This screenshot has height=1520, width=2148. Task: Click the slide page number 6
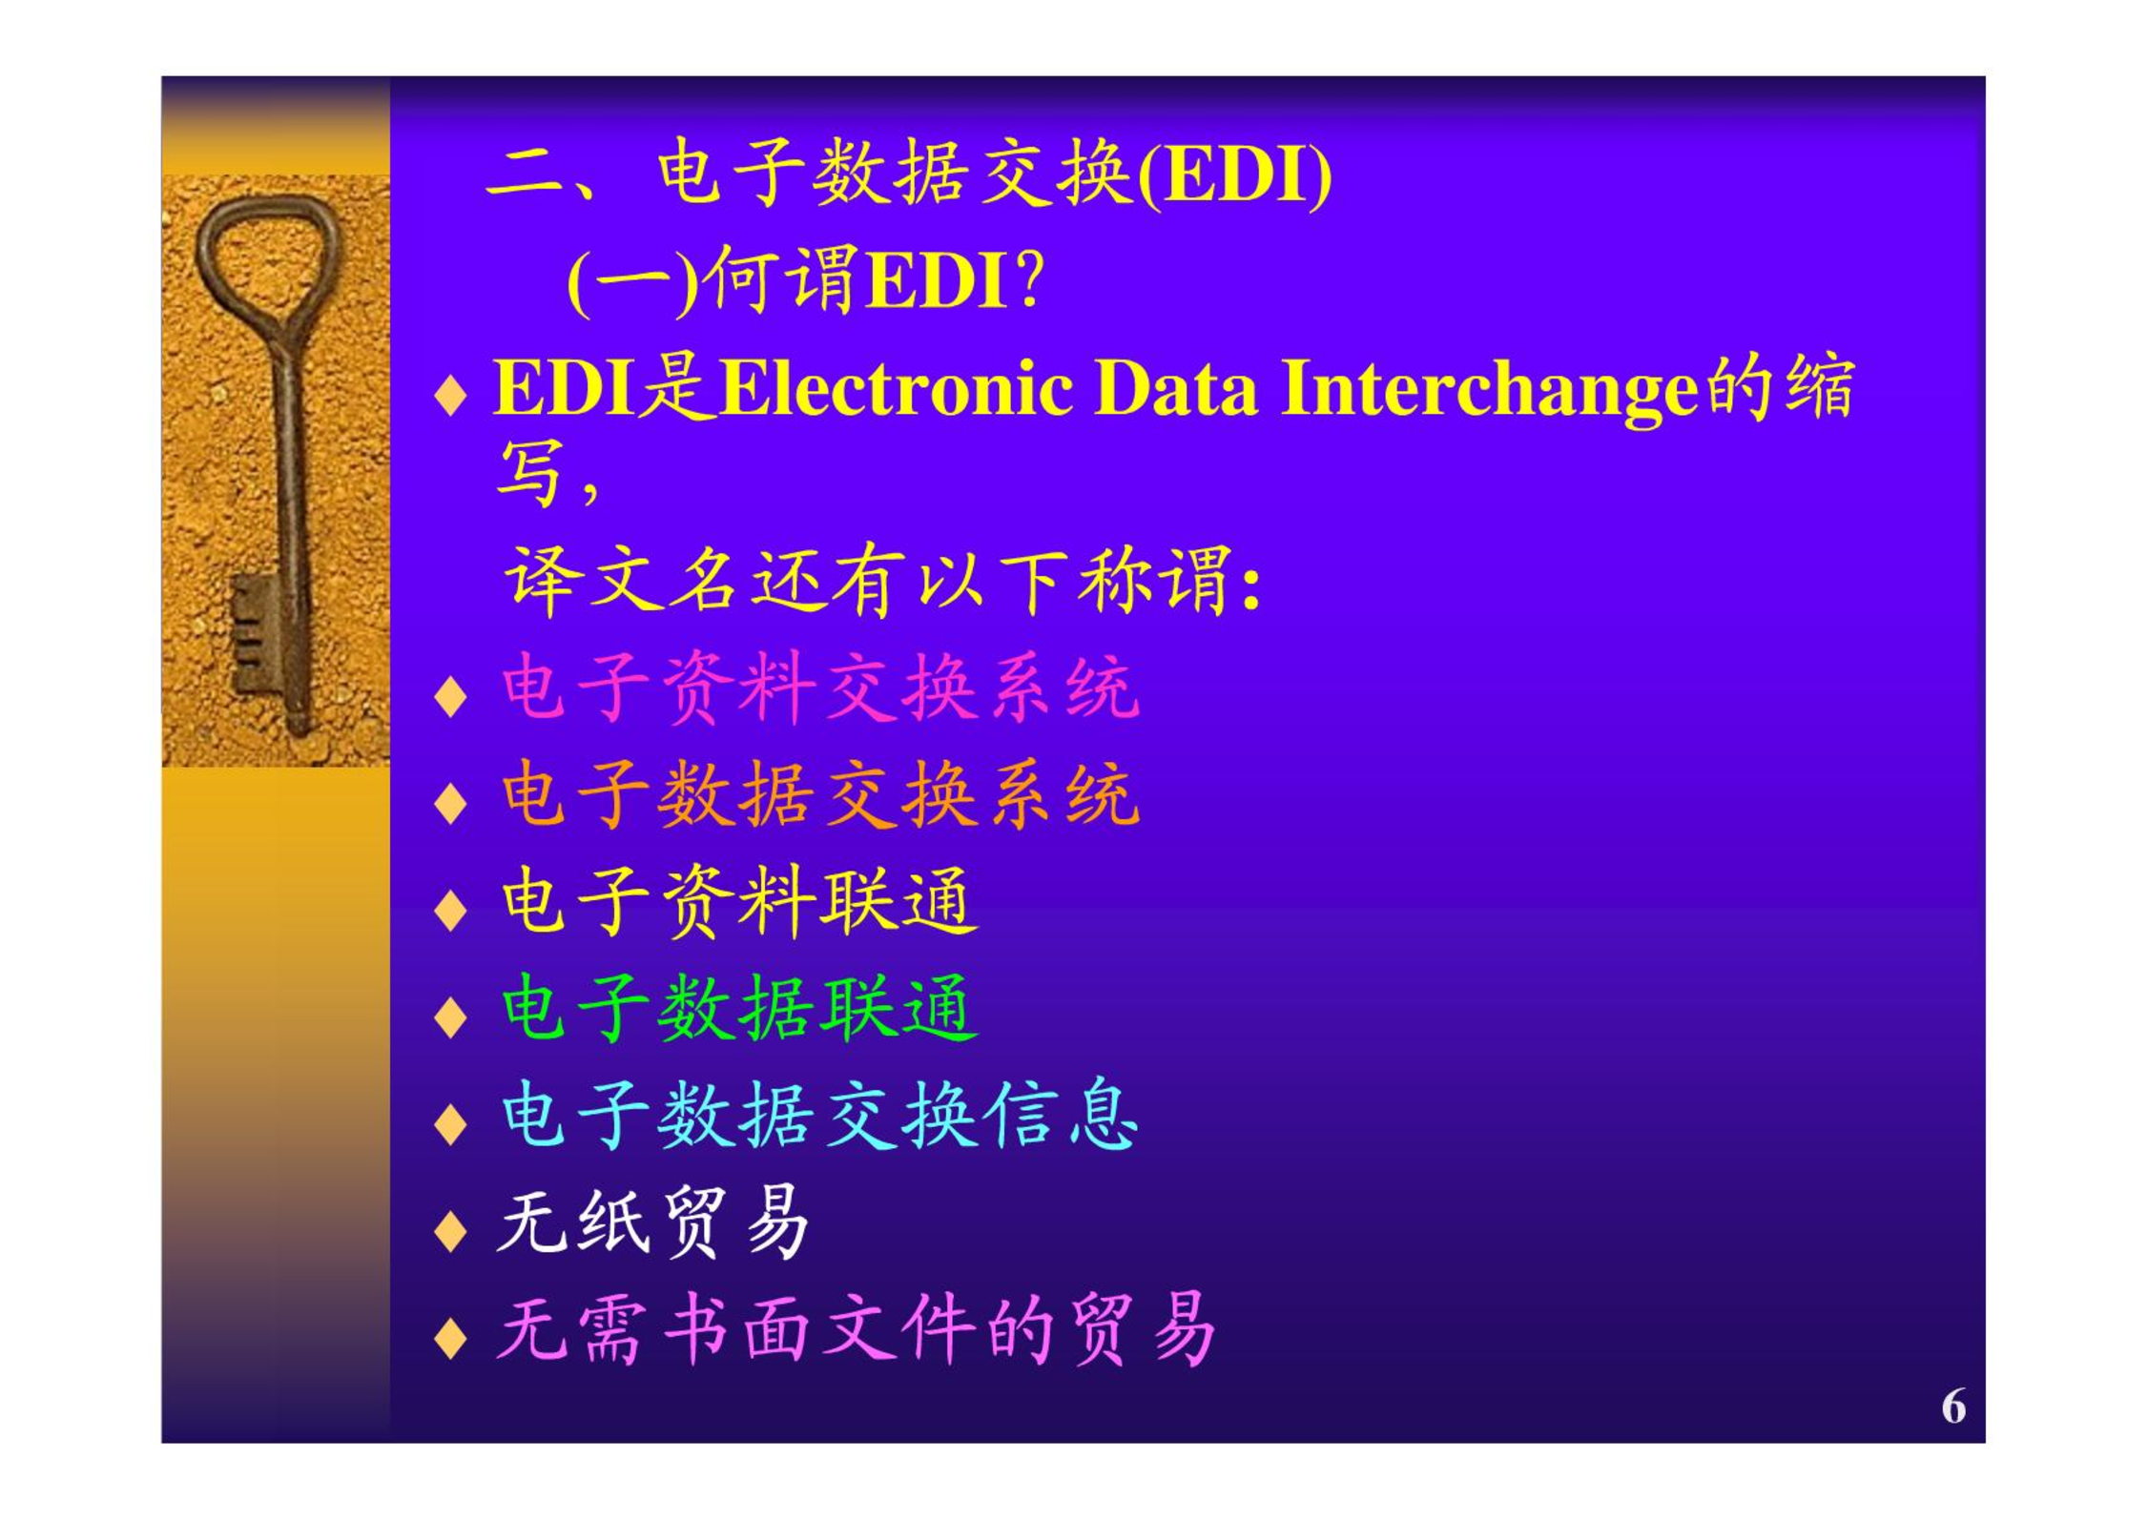click(1952, 1406)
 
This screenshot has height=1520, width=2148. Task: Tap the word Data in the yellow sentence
click(1175, 388)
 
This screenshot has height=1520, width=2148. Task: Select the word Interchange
click(1490, 391)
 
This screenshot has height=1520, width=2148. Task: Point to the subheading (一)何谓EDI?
click(805, 280)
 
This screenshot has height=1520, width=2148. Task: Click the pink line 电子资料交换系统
click(820, 687)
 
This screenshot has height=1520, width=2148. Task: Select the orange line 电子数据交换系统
click(820, 794)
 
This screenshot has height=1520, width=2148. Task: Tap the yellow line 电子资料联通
click(739, 902)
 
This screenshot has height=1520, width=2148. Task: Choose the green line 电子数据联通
click(739, 1009)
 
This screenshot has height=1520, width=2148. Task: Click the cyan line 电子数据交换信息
click(819, 1116)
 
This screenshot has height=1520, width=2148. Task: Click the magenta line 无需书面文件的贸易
click(857, 1329)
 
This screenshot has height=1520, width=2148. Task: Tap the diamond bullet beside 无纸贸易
click(450, 1231)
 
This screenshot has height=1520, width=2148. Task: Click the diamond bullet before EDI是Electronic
click(450, 396)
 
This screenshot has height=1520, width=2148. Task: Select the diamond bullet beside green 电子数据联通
click(450, 1017)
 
